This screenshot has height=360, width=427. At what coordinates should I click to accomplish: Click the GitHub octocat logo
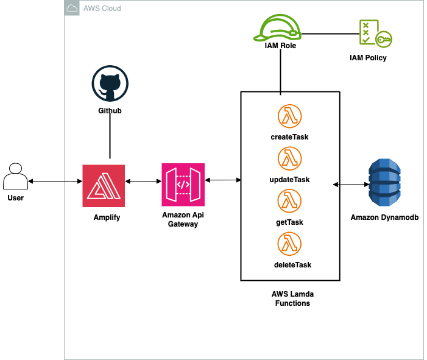click(110, 85)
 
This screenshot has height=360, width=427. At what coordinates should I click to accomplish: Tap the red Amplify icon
click(104, 185)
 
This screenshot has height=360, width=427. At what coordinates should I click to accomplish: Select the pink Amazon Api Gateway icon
click(183, 185)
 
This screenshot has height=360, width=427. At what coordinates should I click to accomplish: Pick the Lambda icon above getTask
click(290, 201)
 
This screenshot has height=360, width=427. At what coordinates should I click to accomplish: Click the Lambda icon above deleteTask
click(290, 244)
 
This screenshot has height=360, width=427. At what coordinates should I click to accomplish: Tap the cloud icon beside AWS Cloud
click(72, 9)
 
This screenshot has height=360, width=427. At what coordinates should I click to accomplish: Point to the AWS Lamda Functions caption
click(291, 298)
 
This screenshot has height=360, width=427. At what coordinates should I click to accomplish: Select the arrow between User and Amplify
click(55, 182)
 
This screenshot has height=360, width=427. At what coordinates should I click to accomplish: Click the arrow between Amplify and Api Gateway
click(143, 181)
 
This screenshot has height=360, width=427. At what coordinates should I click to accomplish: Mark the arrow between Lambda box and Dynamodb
click(351, 184)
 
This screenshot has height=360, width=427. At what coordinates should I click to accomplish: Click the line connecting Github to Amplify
click(110, 137)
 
